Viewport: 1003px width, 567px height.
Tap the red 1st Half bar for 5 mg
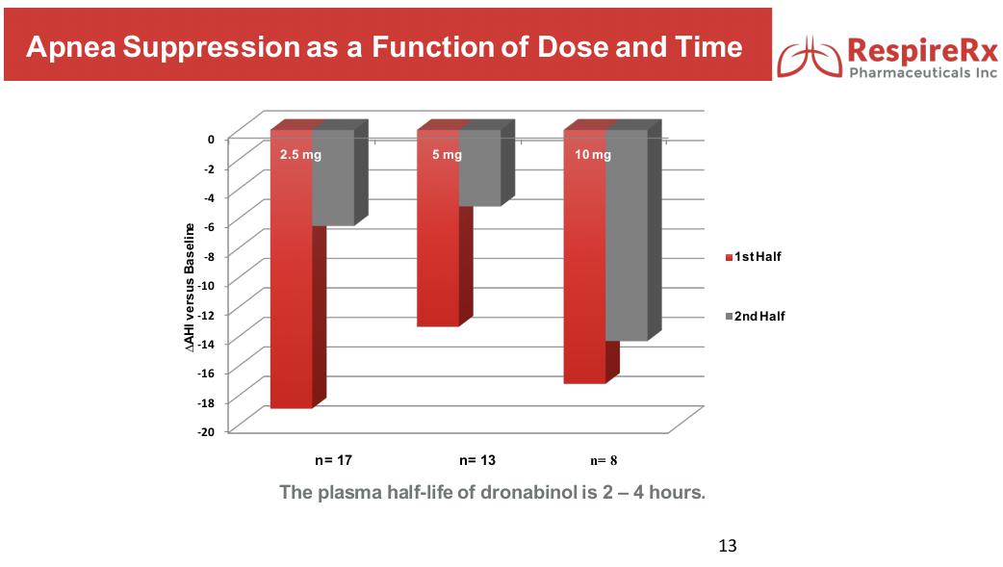[438, 250]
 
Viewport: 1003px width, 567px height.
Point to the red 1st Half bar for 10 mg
[584, 279]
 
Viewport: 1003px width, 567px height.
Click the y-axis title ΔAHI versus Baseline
[190, 285]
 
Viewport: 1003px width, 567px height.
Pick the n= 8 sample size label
[609, 460]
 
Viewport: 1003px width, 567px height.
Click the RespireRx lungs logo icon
[810, 58]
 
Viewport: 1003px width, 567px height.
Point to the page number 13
[728, 547]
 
